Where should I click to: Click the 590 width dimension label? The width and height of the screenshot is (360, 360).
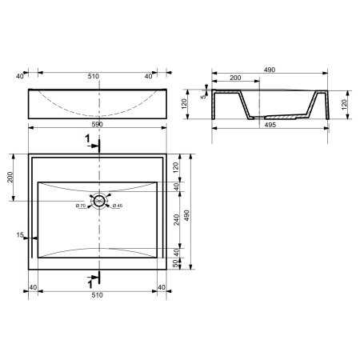[x=97, y=124]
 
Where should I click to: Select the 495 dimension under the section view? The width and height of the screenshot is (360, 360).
[x=270, y=125]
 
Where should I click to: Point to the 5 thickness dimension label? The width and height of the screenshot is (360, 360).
[x=203, y=96]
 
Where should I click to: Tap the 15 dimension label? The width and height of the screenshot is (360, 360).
[x=20, y=235]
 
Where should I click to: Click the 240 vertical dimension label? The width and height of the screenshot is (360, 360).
[x=177, y=220]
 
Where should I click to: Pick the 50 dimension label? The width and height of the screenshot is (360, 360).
[x=175, y=263]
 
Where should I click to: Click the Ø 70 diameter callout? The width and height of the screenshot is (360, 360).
[x=81, y=206]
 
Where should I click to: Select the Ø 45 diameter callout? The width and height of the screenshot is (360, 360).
[x=118, y=206]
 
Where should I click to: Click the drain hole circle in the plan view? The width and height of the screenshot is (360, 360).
[x=99, y=195]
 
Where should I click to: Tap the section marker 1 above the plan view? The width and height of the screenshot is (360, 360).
[x=87, y=138]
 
